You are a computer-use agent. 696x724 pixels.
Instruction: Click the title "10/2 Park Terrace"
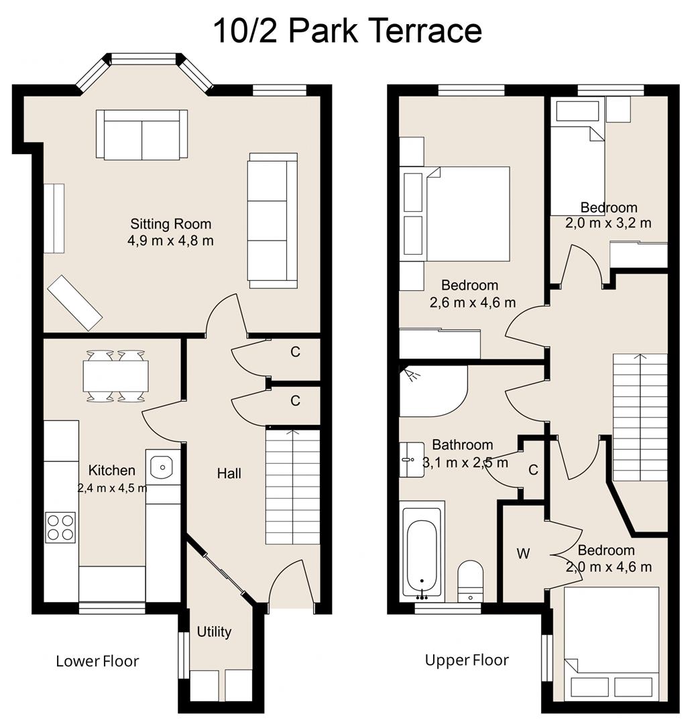pos(347,31)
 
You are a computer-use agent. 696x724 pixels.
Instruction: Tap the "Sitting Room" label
pos(170,224)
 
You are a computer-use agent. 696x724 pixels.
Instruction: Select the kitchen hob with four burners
pos(60,527)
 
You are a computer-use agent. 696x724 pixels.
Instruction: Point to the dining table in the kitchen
pos(115,376)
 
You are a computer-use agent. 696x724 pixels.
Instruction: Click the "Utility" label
pos(214,631)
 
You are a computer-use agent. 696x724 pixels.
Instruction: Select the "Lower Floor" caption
pos(97,661)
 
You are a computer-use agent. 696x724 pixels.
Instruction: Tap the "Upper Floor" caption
pos(467,660)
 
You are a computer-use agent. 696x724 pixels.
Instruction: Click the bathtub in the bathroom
pos(422,552)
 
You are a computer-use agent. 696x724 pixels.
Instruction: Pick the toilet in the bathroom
pos(470,579)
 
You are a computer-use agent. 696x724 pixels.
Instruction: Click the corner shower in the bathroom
pos(429,390)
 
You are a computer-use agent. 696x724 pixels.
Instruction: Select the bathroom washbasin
pos(410,459)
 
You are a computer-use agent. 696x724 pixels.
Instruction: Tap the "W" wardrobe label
pos(523,554)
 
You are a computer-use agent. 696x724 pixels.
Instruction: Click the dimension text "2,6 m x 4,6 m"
pos(473,302)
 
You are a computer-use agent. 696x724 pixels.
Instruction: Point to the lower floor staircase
pos(292,486)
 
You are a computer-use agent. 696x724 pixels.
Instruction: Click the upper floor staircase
pos(640,417)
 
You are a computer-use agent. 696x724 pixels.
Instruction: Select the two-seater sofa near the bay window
pos(141,134)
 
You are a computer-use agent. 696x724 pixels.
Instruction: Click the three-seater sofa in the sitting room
pos(272,221)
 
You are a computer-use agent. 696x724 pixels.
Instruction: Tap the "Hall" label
pos(229,474)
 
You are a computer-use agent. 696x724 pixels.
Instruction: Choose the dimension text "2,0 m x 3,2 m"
pos(608,223)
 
